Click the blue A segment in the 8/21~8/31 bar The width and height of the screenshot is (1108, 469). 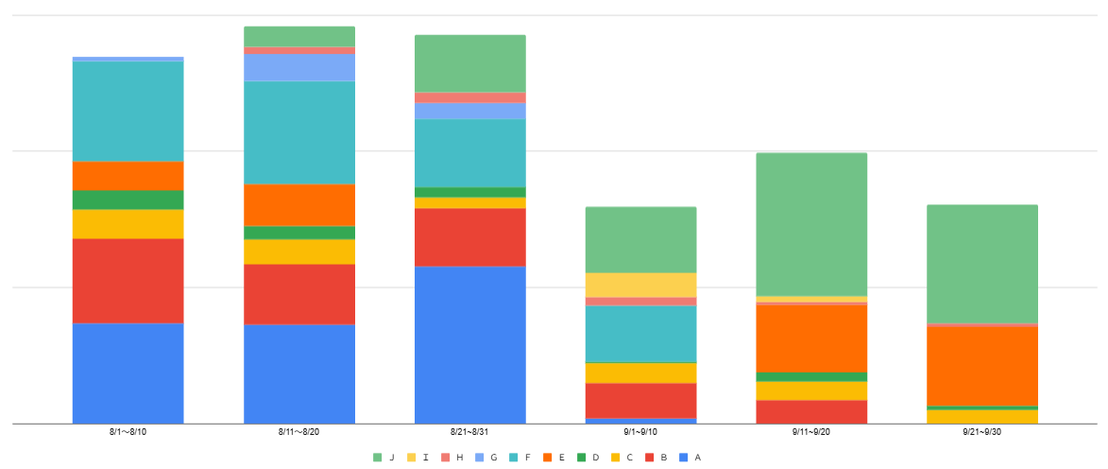[470, 344]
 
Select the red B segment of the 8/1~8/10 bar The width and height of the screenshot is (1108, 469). [128, 281]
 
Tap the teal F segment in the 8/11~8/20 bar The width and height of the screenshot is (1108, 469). [299, 132]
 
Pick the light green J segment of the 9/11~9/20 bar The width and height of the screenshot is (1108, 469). [811, 224]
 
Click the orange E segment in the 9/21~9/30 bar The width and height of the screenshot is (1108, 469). [982, 366]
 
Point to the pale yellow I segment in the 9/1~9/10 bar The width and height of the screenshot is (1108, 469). [640, 285]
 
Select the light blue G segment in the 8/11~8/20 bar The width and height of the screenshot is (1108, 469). [299, 67]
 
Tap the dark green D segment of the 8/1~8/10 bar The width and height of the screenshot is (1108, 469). [128, 200]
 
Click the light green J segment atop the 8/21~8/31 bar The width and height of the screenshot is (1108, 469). [470, 63]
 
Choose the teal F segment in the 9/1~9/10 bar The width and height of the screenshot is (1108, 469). [640, 334]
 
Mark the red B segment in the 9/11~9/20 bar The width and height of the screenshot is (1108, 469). [811, 411]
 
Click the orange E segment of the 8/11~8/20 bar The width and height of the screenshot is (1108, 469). [299, 204]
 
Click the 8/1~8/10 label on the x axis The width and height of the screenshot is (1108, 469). [128, 432]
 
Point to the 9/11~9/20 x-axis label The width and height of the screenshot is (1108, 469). [811, 432]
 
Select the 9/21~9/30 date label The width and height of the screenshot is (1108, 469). [982, 432]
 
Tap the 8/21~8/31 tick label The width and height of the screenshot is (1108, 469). [470, 432]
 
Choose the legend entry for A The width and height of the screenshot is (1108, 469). [691, 458]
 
